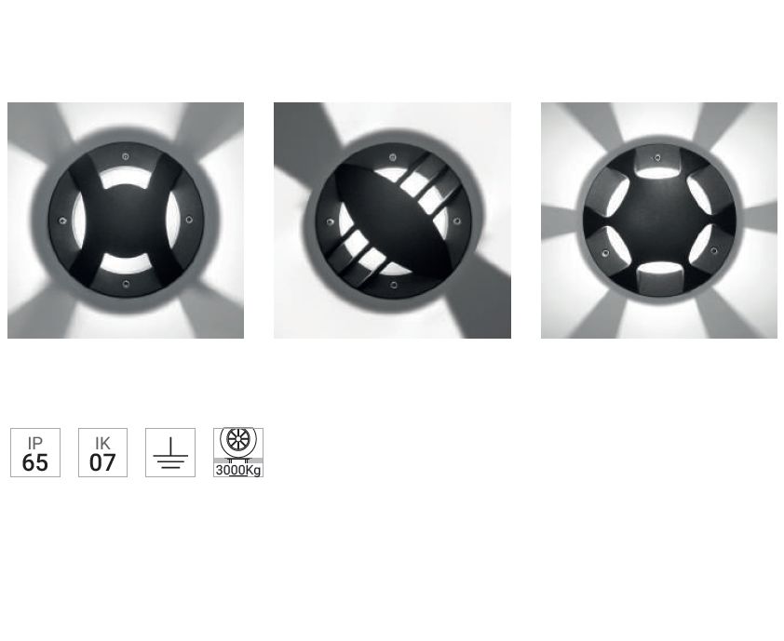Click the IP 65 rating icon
click(35, 453)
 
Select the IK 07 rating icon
click(102, 453)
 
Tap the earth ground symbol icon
click(170, 453)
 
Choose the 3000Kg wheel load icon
click(238, 453)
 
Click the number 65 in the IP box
click(35, 462)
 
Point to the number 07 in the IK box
click(102, 462)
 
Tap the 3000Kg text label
click(238, 470)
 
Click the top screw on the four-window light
click(126, 157)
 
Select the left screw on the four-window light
click(62, 220)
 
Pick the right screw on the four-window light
click(189, 220)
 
